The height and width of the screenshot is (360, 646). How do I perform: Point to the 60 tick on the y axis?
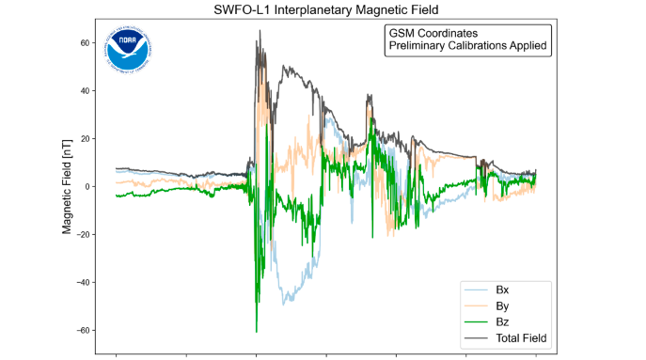tap(84, 43)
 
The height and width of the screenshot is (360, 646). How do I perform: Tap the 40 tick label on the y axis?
tap(84, 91)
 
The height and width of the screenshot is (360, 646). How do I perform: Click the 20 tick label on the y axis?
tap(84, 139)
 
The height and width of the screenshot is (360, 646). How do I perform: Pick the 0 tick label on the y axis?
tap(87, 187)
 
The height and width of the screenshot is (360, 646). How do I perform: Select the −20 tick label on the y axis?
tap(82, 235)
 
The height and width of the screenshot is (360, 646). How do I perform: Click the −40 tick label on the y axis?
tap(82, 283)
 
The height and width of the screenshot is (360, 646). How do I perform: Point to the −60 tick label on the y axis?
tap(82, 331)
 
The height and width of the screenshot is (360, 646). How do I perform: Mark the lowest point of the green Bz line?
tap(256, 332)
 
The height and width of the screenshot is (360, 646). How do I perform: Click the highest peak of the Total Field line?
tap(259, 31)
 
